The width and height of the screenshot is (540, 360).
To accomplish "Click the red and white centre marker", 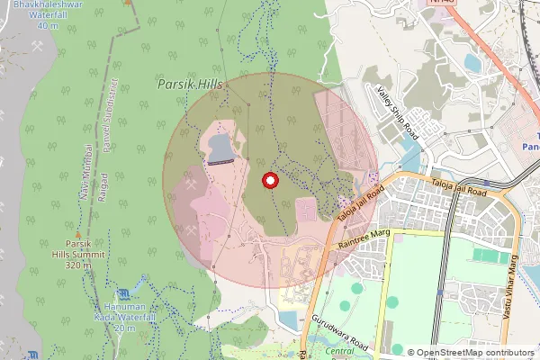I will [269, 181].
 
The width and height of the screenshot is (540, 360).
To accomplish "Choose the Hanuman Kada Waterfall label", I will [124, 317].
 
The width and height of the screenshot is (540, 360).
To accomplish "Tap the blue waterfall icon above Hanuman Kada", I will [124, 294].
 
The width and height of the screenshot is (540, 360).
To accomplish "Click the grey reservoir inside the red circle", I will [220, 148].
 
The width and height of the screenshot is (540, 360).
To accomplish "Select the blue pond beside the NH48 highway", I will [472, 62].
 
